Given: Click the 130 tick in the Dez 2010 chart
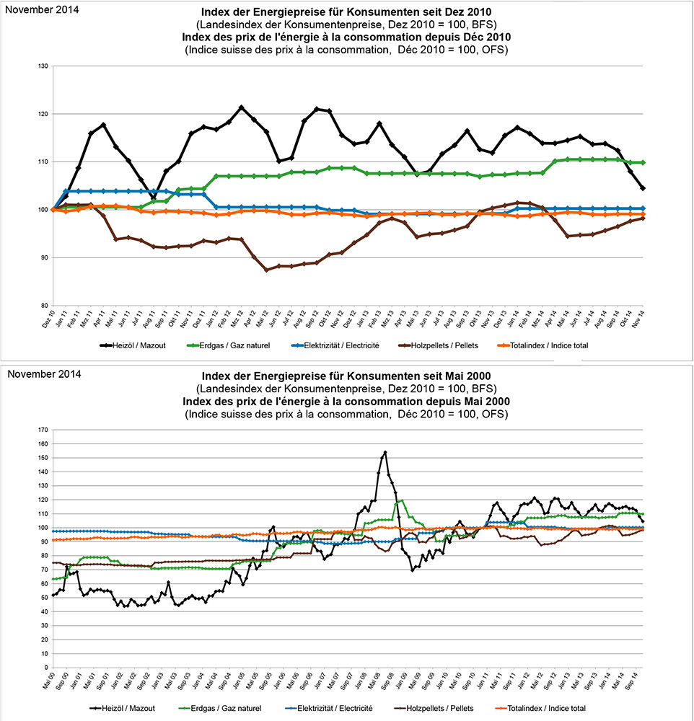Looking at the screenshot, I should pos(43,66).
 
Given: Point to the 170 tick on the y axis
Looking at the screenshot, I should pos(43,430).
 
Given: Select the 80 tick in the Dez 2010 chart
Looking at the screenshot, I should pos(44,305).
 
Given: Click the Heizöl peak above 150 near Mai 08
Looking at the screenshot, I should pos(386,452).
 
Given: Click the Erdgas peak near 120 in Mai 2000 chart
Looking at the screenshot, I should pos(401,500).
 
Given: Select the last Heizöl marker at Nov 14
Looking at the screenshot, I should pos(642,188).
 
